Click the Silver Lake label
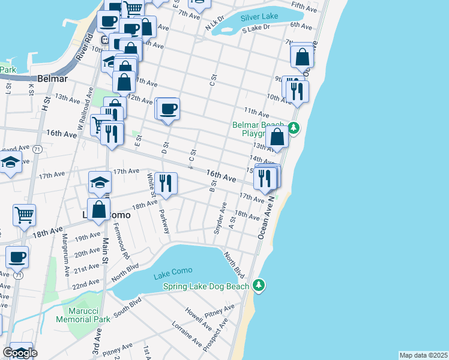pos(259,17)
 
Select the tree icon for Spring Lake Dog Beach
pos(259,284)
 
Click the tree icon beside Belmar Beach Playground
pos(293,127)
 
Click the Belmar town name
pos(51,79)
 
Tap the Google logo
pos(19,353)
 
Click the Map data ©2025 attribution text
pos(423,355)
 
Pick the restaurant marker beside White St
pos(166,182)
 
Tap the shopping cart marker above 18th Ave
pos(24,214)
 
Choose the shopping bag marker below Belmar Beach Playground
pos(277,136)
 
